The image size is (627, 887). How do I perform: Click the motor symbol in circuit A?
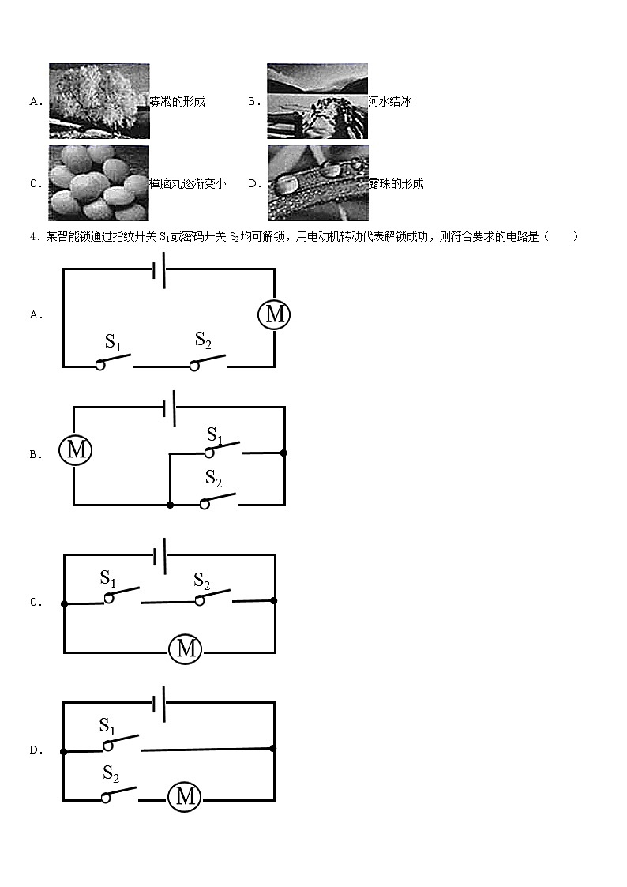point(274,314)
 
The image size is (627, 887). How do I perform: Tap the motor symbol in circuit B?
point(76,450)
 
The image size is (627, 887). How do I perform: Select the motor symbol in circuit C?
point(186,649)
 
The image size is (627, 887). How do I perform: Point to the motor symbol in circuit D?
point(185,796)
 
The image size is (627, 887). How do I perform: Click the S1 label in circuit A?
point(114,341)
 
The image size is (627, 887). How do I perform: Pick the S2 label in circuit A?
point(203,340)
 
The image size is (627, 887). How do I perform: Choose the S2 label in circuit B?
point(213,477)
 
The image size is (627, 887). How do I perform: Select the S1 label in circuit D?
point(107,725)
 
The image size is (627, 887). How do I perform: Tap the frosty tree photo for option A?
point(99,101)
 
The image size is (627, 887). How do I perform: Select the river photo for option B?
point(317,101)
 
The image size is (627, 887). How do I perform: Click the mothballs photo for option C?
point(99,183)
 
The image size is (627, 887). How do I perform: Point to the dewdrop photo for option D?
point(317,183)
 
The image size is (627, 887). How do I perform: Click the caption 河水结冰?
point(390,101)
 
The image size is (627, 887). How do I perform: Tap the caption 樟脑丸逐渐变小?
point(188,183)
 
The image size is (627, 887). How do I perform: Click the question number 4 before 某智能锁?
point(32,236)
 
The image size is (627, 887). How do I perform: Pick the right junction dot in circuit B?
point(284,453)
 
